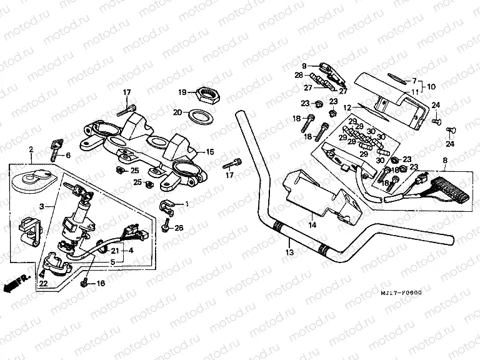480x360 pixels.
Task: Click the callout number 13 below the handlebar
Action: coord(289,253)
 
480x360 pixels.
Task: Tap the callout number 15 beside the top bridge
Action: coord(210,152)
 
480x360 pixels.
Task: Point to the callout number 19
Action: coord(182,92)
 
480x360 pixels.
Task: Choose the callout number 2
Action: coord(31,149)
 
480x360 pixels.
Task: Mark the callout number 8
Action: coord(444,161)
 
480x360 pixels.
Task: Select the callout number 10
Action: coord(431,86)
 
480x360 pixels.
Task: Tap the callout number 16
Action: coord(100,284)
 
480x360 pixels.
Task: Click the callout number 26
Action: coord(179,227)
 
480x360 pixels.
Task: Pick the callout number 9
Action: coord(304,66)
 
